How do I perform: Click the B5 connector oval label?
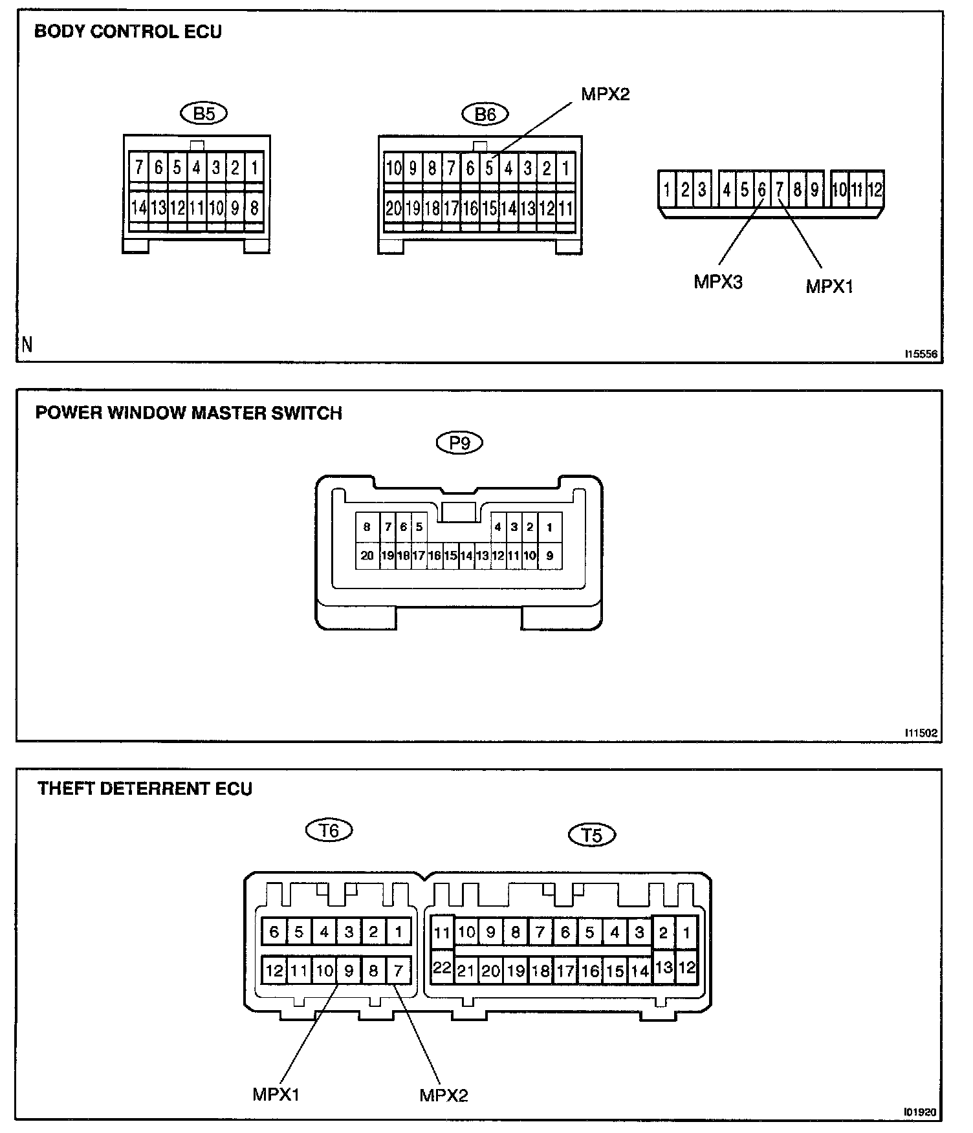pos(204,114)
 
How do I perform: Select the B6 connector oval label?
pos(485,114)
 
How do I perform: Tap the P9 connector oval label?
pos(459,443)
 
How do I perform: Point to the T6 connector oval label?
pos(329,830)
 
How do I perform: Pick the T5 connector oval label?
pos(592,835)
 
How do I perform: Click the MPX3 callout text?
pos(718,282)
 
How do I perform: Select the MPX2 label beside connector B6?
pos(605,94)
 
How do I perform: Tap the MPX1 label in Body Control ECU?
pos(829,286)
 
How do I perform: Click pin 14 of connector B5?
pos(139,208)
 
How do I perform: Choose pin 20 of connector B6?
pos(393,208)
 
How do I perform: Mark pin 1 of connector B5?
pos(254,169)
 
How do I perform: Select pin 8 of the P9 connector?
pos(367,527)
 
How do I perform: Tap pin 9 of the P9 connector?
pos(549,556)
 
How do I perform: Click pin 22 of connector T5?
pos(443,968)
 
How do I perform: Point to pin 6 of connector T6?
pos(274,932)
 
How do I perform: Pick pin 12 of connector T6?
pos(274,970)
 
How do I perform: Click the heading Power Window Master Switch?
pos(188,413)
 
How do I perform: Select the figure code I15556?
pos(921,354)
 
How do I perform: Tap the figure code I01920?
pos(921,1112)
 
